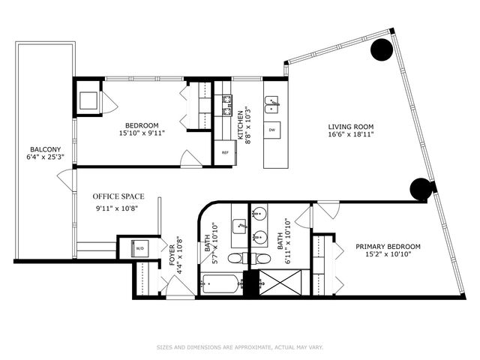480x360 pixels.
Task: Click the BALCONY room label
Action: click(43, 148)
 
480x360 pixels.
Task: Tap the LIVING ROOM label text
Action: click(351, 126)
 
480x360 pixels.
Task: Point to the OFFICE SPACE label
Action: click(116, 196)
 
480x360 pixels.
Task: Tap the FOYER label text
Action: click(171, 247)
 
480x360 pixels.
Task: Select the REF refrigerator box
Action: click(224, 153)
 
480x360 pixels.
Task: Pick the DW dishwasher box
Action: click(271, 130)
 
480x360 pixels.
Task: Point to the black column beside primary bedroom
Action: click(421, 189)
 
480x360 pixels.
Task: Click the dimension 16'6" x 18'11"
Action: click(351, 135)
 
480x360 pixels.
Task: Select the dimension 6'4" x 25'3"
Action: click(43, 157)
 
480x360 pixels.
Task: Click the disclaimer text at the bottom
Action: click(240, 347)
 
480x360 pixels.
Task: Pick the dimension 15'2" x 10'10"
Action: click(388, 256)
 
